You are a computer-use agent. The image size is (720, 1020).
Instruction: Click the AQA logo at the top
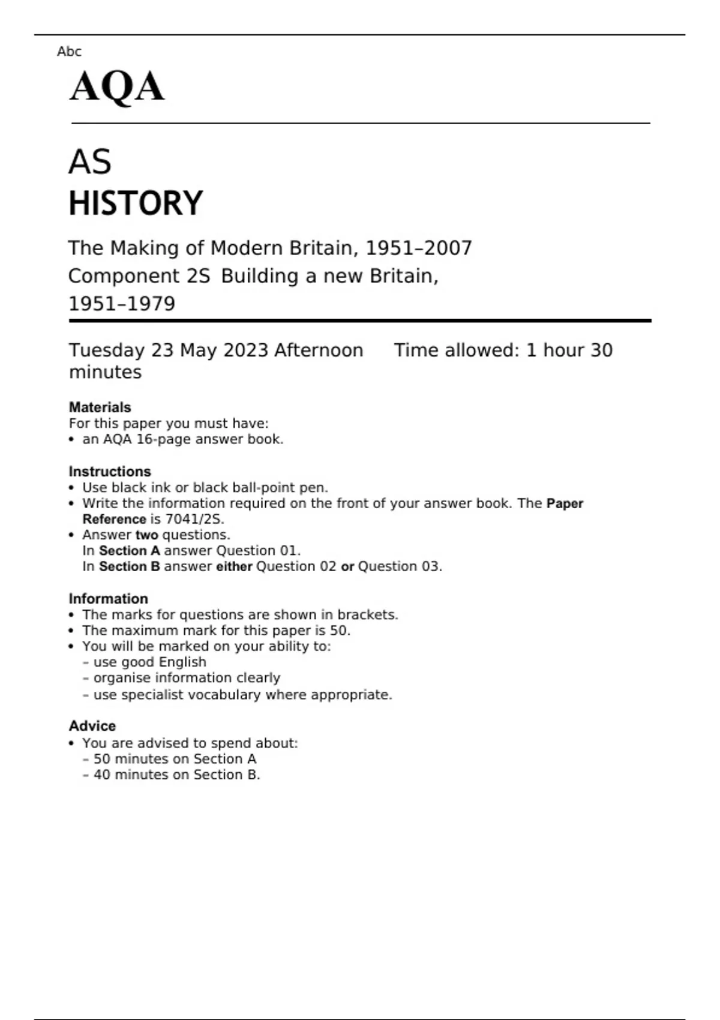[x=117, y=87]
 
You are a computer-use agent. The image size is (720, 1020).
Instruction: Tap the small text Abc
[x=69, y=52]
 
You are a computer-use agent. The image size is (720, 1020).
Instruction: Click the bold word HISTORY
[x=136, y=203]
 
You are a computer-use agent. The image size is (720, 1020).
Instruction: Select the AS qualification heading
[x=90, y=162]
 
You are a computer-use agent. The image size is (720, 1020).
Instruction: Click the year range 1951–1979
[x=122, y=304]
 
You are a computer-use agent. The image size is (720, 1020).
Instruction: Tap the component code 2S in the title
[x=198, y=276]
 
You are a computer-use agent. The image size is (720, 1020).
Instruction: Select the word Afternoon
[x=319, y=350]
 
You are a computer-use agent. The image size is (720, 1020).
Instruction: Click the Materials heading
[x=100, y=407]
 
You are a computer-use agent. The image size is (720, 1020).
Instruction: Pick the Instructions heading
[x=110, y=472]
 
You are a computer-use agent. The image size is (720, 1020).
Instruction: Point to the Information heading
[x=108, y=599]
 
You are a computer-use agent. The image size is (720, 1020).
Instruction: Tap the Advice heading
[x=92, y=726]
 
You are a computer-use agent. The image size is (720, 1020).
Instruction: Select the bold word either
[x=234, y=566]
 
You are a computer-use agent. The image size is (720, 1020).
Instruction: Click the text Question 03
[x=399, y=566]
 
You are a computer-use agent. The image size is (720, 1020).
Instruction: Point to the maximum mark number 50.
[x=339, y=631]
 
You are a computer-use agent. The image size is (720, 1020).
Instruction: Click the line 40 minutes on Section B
[x=176, y=775]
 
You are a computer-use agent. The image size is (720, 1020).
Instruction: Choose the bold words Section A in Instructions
[x=130, y=551]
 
